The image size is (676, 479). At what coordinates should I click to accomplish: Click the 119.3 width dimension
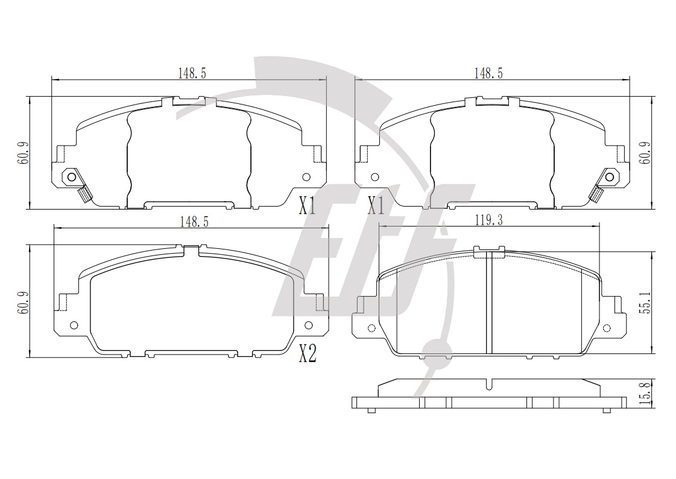click(x=489, y=220)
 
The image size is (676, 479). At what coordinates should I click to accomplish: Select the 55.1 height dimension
click(x=645, y=302)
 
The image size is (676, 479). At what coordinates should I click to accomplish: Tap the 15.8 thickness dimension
click(x=645, y=393)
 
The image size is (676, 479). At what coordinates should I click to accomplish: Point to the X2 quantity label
click(x=308, y=355)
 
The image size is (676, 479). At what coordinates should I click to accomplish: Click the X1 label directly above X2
click(x=308, y=207)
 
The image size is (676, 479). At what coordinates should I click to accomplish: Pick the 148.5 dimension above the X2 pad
click(x=194, y=222)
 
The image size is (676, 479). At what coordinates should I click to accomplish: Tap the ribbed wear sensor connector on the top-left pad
click(x=84, y=194)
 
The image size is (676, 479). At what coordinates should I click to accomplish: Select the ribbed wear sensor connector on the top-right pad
click(x=597, y=194)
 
